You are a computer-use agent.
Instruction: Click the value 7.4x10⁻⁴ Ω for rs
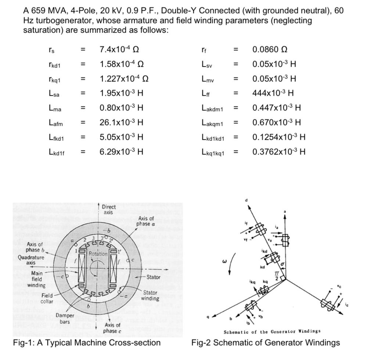coord(119,49)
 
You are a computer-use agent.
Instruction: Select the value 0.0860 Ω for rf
coord(270,49)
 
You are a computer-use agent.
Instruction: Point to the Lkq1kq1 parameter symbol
coord(213,152)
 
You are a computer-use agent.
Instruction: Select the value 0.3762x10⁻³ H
coord(279,152)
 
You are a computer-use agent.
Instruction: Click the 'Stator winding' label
coord(150,295)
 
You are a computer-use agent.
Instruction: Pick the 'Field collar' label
coord(47,298)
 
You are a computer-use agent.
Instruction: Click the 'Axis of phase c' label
coord(112,327)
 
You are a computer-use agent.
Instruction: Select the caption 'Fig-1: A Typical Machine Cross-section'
coord(87,343)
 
